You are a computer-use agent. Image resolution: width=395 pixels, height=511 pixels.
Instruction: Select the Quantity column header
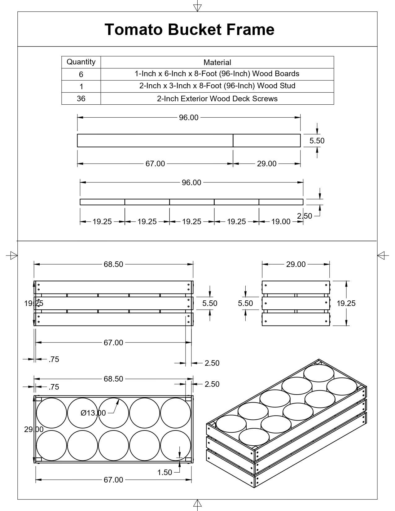tap(81, 62)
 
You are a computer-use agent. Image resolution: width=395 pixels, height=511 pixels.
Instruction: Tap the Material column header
tap(217, 62)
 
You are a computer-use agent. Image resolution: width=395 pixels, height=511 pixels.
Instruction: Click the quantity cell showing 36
tap(81, 98)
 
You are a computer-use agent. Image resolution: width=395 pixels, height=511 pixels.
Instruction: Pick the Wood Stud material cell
tap(217, 86)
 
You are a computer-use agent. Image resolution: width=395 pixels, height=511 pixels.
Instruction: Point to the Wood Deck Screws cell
tap(217, 98)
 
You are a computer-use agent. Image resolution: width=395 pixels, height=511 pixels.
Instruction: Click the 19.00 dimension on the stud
tap(281, 221)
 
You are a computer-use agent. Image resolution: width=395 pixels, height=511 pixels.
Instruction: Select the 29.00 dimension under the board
tap(266, 164)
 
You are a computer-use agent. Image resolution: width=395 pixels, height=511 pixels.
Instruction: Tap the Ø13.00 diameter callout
tap(93, 413)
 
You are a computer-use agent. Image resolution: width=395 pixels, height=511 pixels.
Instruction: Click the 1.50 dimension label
tap(165, 472)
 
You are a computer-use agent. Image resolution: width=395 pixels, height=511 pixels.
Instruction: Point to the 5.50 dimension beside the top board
tap(317, 141)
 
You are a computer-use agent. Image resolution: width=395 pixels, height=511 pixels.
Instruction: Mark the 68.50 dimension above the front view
tap(113, 264)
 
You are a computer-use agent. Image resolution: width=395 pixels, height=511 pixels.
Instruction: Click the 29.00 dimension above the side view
tap(296, 264)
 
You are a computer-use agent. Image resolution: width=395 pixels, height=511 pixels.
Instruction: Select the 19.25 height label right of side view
tap(346, 303)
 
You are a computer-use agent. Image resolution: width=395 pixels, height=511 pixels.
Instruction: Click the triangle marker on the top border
tap(197, 8)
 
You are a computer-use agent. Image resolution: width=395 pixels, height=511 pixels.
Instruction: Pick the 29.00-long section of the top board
tap(266, 140)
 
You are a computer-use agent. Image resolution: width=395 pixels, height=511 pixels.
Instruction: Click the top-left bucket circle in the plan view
tap(51, 413)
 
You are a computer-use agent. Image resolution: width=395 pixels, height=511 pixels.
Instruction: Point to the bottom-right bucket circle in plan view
tap(176, 446)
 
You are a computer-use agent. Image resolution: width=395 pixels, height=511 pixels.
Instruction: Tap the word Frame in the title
tap(250, 30)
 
